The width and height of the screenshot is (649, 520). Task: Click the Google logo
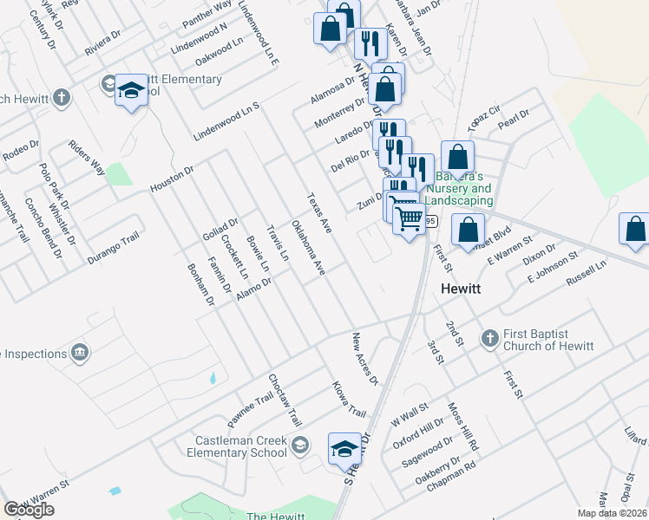click(29, 510)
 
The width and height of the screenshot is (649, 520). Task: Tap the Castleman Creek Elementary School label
click(236, 447)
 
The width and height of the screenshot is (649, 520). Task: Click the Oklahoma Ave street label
click(308, 248)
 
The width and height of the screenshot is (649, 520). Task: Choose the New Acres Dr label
click(365, 358)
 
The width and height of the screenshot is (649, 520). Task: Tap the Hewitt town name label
click(467, 289)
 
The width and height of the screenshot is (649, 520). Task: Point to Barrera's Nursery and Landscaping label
click(458, 189)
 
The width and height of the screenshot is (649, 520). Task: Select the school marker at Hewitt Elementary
click(131, 90)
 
